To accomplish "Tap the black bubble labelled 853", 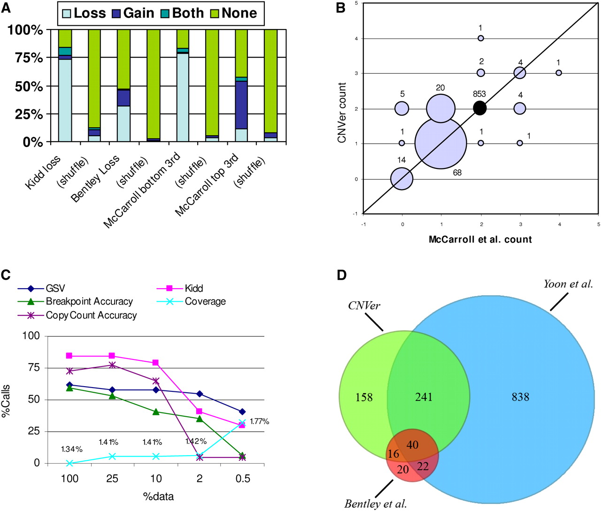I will click(x=479, y=108).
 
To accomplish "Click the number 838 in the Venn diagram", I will click(x=520, y=397).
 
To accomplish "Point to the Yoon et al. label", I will click(x=568, y=284).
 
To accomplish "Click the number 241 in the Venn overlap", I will click(x=424, y=397).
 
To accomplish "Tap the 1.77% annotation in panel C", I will click(x=259, y=421).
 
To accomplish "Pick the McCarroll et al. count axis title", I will click(x=480, y=239).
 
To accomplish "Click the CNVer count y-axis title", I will click(x=342, y=113).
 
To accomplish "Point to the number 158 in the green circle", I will click(x=364, y=397).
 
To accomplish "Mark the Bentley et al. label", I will click(x=376, y=504).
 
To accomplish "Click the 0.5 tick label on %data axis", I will click(x=243, y=479).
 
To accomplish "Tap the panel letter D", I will click(x=341, y=275).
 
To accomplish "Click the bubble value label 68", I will click(x=457, y=173).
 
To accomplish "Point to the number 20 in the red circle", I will click(x=403, y=469).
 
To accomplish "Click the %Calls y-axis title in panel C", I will click(x=6, y=401).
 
